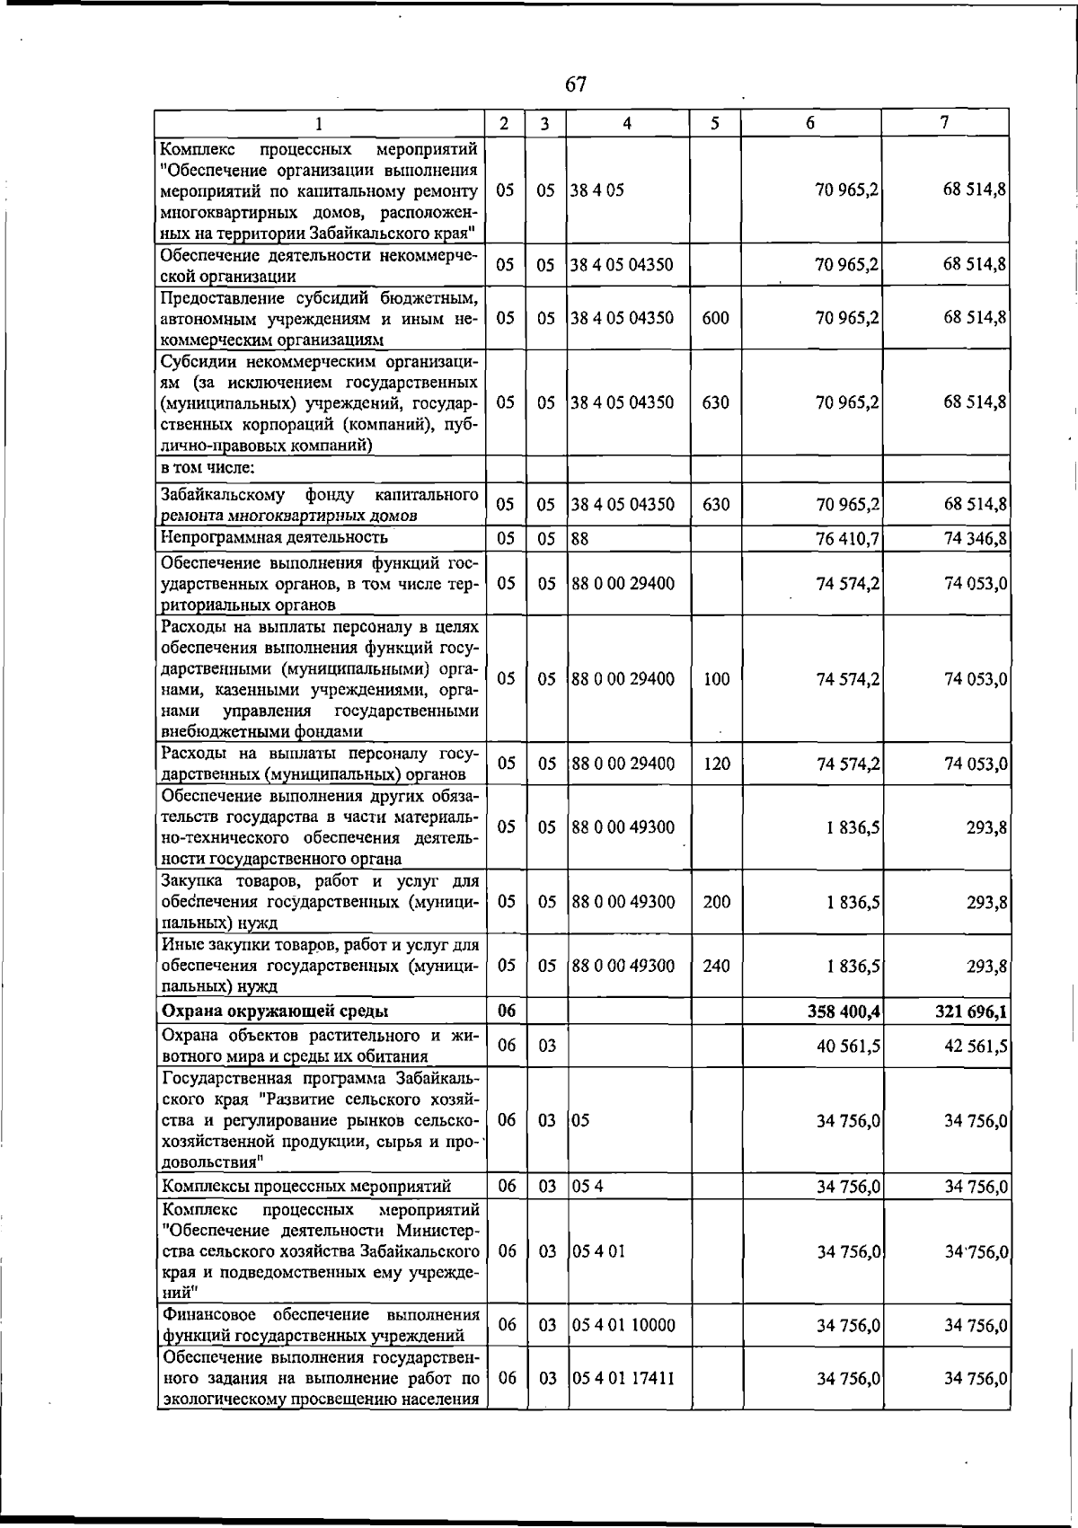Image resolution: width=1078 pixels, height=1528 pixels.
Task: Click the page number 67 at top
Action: point(576,84)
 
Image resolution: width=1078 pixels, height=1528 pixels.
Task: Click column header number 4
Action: point(627,124)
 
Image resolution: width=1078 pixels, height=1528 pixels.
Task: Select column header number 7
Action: point(945,123)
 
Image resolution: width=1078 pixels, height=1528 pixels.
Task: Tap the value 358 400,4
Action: point(844,1011)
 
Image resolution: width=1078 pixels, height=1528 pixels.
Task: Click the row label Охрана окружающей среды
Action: point(274,1011)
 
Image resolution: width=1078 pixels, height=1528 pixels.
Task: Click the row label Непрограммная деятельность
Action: point(274,537)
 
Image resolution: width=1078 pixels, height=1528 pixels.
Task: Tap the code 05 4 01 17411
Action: point(623,1377)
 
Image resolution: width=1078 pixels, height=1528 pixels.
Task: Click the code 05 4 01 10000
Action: point(623,1325)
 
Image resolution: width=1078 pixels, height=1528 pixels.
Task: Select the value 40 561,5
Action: point(847,1046)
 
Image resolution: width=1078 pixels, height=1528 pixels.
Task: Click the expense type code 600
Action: point(715,318)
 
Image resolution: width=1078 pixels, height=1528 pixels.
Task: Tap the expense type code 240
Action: point(716,966)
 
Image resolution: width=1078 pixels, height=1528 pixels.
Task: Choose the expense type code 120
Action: point(716,764)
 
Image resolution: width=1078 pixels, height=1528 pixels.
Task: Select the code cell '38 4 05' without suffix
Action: point(597,190)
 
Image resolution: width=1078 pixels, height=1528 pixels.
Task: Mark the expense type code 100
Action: point(716,679)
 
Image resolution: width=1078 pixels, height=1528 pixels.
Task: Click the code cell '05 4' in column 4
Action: point(588,1186)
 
